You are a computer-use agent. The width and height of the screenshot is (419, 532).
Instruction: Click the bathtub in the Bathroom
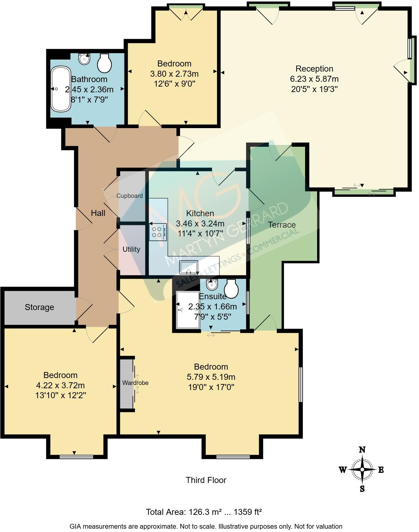click(x=61, y=89)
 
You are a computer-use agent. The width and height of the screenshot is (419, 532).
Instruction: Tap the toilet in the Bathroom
click(x=104, y=63)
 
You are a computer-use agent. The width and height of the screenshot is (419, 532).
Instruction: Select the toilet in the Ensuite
click(x=231, y=289)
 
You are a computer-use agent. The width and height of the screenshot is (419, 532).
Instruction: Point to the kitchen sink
click(x=188, y=267)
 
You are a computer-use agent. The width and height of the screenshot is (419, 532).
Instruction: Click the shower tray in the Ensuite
click(x=187, y=310)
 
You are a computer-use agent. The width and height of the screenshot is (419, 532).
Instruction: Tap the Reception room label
click(x=314, y=69)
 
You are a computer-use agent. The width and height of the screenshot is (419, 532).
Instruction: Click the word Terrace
click(x=282, y=225)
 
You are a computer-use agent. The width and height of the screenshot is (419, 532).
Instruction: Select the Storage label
click(x=39, y=307)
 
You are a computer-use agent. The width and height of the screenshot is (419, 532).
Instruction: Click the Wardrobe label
click(x=135, y=383)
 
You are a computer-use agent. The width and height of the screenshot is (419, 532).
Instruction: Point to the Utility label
click(x=131, y=249)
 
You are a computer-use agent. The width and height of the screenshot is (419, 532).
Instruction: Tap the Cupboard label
click(x=130, y=196)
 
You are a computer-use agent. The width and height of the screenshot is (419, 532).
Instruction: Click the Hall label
click(x=98, y=213)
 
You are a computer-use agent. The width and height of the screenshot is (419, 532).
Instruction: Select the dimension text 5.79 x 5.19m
click(x=211, y=377)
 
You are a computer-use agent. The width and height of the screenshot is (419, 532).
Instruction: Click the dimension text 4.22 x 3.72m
click(x=60, y=385)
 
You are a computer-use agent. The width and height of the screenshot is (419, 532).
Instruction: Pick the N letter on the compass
click(x=362, y=450)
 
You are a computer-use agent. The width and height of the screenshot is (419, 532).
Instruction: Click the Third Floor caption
click(x=206, y=480)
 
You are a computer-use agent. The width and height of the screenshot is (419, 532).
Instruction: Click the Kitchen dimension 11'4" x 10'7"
click(x=200, y=234)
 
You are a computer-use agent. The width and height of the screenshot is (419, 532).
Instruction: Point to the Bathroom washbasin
click(x=84, y=59)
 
